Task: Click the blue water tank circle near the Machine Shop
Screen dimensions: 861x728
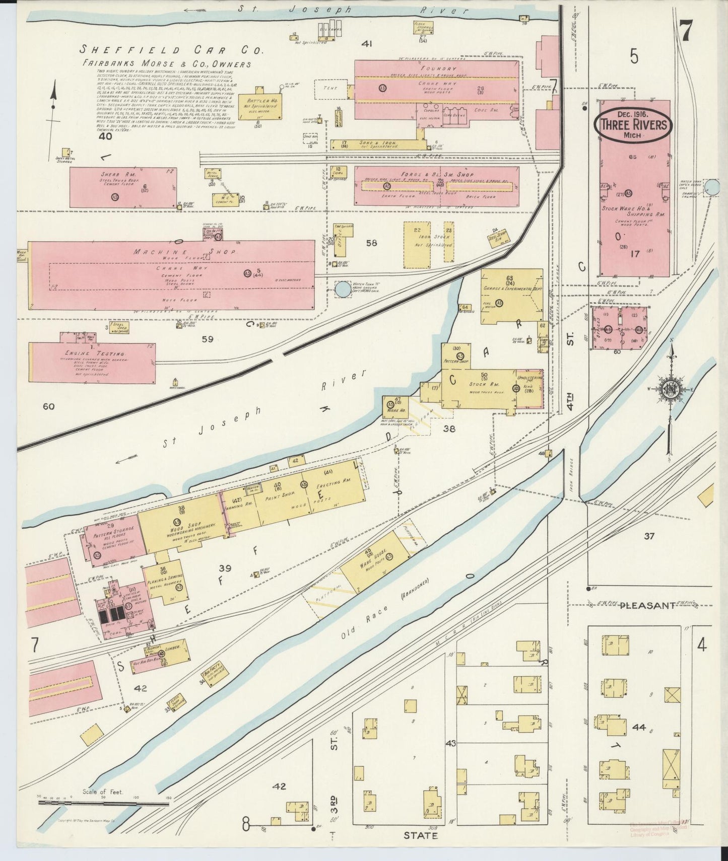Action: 343,289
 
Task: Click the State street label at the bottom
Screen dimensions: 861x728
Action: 420,835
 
